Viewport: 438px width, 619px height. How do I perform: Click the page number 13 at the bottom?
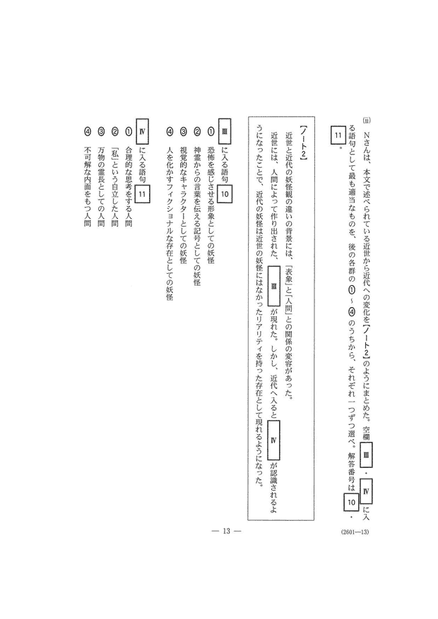point(226,531)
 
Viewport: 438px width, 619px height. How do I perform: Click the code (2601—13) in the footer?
point(355,531)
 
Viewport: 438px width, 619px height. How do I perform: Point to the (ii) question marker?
point(365,120)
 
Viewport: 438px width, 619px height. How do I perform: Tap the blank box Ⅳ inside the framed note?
point(273,440)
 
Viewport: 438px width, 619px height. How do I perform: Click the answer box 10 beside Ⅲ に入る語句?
point(225,194)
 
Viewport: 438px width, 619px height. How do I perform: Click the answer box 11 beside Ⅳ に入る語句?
point(143,194)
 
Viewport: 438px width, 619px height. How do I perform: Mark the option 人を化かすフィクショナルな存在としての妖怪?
point(169,224)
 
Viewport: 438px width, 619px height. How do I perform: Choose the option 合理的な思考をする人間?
point(128,188)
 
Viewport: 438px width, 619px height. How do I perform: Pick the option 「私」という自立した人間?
point(114,188)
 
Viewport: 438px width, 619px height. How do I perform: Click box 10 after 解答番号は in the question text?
point(351,502)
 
